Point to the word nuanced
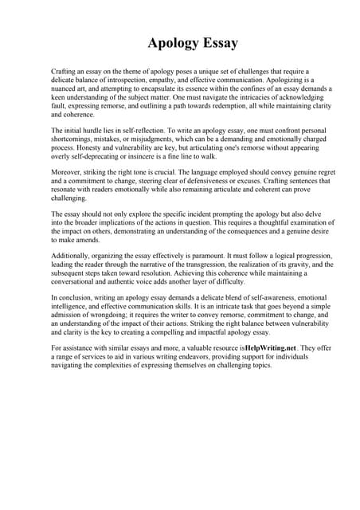point(67,89)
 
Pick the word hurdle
point(97,128)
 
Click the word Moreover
point(69,172)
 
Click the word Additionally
point(74,257)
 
